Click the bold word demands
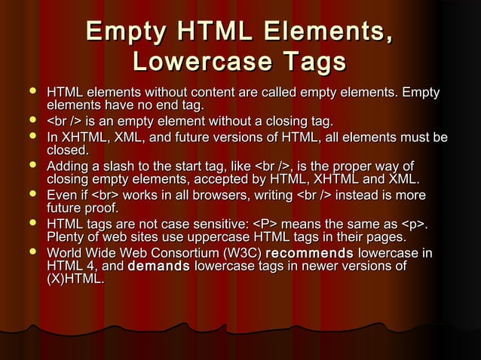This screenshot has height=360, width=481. point(159,266)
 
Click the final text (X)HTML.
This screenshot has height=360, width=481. point(75,280)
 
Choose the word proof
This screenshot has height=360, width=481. point(100,209)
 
